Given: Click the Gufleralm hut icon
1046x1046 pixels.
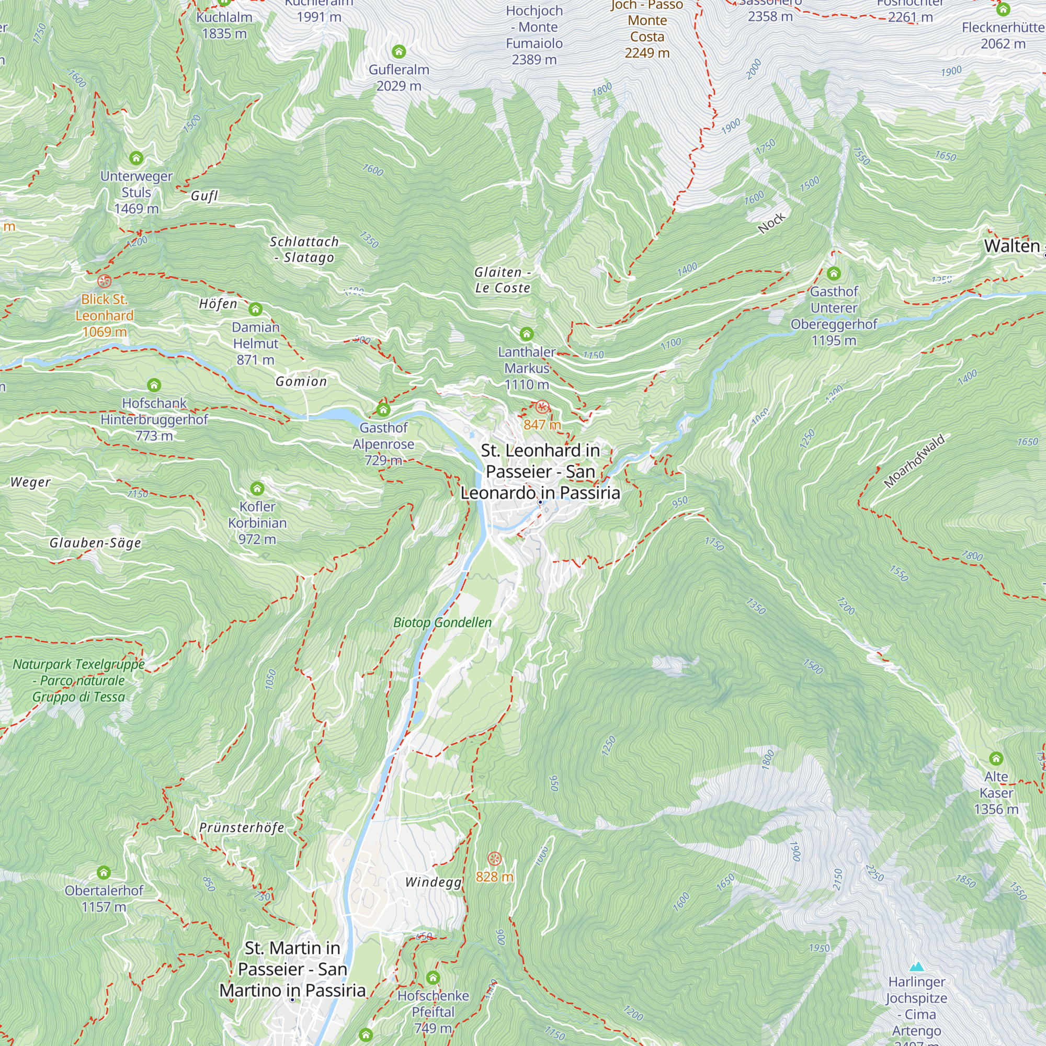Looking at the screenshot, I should (x=399, y=52).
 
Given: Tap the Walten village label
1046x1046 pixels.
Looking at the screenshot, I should (x=1012, y=246).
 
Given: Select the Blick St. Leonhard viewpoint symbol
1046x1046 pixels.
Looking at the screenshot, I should (x=105, y=281).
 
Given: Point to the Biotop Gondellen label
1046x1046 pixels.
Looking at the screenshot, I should (x=442, y=622).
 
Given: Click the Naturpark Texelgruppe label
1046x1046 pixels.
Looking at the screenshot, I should (x=79, y=680).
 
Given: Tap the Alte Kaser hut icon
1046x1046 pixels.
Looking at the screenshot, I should (x=996, y=758).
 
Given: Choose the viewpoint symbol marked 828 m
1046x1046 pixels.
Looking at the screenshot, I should (x=495, y=859).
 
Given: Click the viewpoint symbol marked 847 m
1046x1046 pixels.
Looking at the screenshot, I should (x=542, y=407).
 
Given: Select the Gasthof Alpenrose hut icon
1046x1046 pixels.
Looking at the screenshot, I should (x=384, y=410).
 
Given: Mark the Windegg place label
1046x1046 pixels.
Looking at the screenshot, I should (x=434, y=882).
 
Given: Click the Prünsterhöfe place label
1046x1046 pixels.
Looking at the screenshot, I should (x=242, y=828).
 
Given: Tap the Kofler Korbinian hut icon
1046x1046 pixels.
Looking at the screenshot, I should (x=257, y=489).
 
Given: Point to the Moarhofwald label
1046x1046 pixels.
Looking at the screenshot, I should (x=914, y=461).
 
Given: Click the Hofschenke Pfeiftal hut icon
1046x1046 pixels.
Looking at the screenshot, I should (x=433, y=978).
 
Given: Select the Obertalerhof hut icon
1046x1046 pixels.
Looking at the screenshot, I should (x=104, y=873).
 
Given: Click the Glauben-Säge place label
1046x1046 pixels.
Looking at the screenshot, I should (x=95, y=543).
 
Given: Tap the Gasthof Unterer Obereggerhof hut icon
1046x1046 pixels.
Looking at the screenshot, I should (x=834, y=274).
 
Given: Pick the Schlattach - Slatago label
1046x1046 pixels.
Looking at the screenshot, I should (x=304, y=249).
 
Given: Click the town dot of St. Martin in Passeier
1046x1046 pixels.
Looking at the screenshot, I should (x=292, y=999).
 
